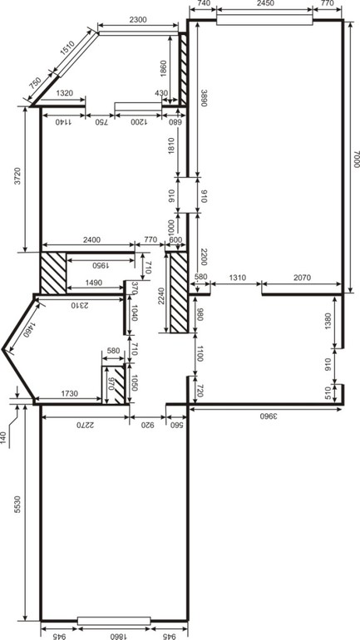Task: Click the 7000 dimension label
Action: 356,160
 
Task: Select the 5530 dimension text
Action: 17,505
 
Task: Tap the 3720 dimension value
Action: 17,176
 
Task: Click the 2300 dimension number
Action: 138,19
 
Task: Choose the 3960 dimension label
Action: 269,416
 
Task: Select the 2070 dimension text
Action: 302,278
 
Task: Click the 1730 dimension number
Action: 67,393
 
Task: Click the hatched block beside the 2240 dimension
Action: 179,293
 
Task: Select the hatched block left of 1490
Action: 53,273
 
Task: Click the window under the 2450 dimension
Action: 264,20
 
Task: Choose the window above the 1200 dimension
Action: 138,106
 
